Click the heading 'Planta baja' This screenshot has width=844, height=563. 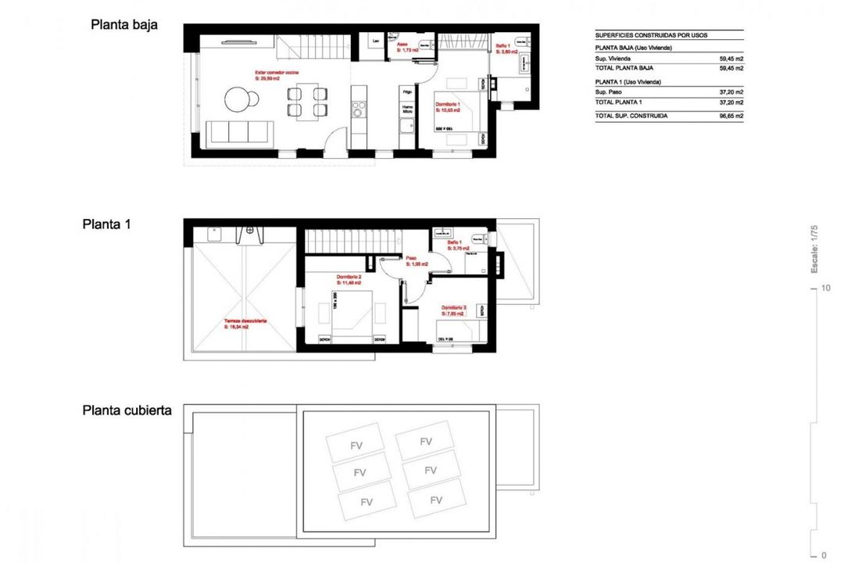[124, 24]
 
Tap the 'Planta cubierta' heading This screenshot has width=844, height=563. [127, 411]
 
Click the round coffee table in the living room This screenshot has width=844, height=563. [239, 99]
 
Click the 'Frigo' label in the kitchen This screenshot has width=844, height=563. [406, 92]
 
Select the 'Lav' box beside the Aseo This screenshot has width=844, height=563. [376, 41]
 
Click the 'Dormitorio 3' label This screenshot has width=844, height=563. [453, 309]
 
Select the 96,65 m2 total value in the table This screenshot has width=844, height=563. [731, 116]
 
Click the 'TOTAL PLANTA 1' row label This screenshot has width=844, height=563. [618, 102]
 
